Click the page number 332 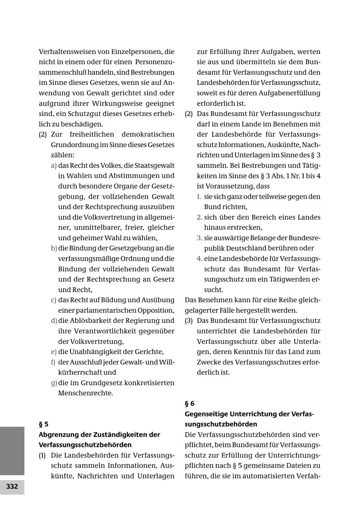12,487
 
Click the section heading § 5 43,424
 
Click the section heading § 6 190,403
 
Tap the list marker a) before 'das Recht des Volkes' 54,165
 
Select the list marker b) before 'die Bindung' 54,248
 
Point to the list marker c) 54,300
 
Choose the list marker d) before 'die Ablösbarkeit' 54,321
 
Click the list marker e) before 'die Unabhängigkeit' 54,352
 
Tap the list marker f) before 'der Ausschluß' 53,362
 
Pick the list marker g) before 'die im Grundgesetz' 54,383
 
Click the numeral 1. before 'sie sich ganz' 199,197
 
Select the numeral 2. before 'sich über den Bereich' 199,217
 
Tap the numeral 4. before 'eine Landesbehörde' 199,259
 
